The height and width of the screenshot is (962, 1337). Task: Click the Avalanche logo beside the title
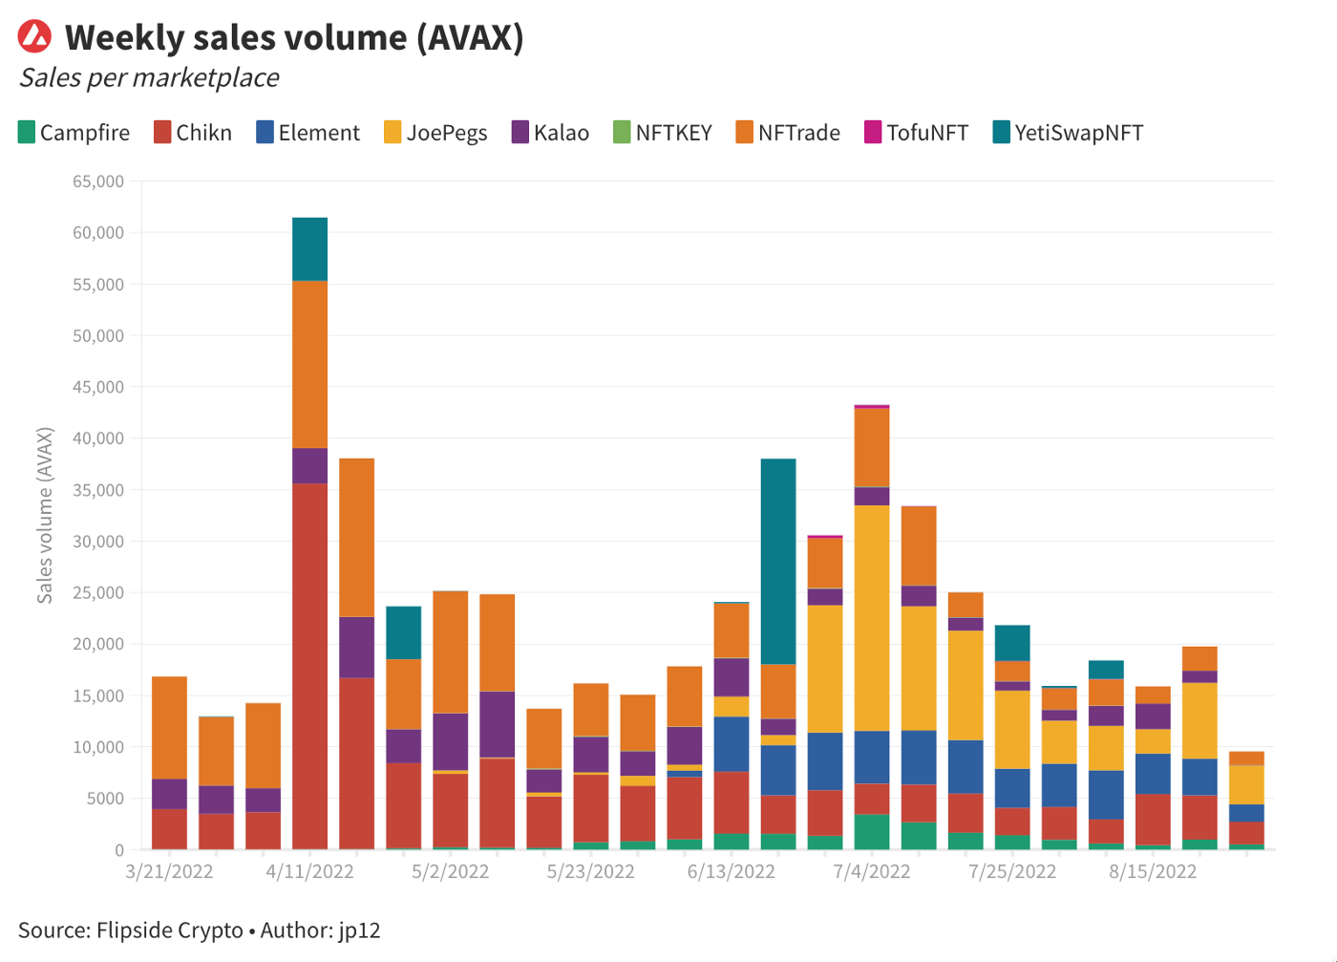tap(35, 37)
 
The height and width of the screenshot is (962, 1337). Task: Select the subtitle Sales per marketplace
tap(149, 77)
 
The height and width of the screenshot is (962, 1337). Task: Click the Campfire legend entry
tap(74, 133)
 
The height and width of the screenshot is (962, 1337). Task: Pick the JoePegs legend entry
tap(435, 133)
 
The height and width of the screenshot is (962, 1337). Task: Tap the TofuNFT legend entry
tap(916, 133)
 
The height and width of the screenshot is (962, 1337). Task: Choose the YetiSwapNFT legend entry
tap(1068, 133)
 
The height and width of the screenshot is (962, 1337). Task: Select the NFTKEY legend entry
tap(663, 133)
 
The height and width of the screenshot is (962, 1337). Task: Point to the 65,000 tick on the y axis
tap(98, 182)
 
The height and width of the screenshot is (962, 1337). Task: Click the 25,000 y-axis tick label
tap(98, 592)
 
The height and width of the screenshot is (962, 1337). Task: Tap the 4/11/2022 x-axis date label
tap(309, 871)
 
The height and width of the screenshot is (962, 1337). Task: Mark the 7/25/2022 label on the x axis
tap(1012, 871)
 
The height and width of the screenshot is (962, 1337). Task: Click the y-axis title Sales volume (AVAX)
tap(45, 515)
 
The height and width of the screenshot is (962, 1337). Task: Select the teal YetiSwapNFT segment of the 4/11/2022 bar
tap(309, 249)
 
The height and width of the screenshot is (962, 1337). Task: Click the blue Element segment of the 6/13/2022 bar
tap(732, 744)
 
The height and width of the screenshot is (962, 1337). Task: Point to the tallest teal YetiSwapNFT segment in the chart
tap(778, 561)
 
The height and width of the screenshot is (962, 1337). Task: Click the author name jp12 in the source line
tap(359, 930)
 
